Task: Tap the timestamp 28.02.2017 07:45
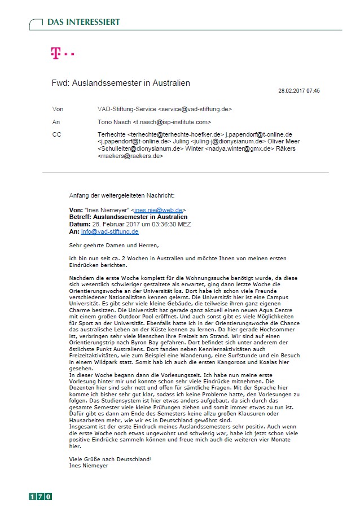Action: point(299,90)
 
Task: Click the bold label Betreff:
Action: point(80,217)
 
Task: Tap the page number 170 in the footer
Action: point(41,496)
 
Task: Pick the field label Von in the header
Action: point(57,108)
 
